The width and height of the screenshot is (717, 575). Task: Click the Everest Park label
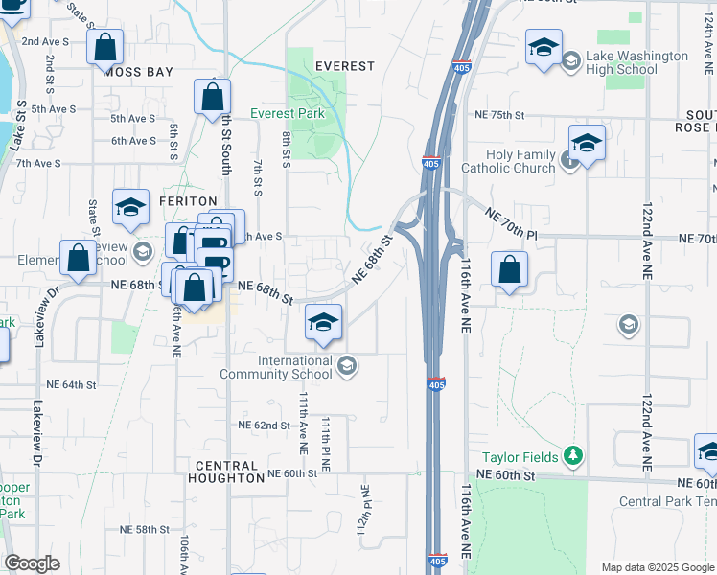288,113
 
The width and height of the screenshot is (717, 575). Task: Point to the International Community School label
294,366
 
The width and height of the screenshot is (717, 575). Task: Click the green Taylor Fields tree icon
573,455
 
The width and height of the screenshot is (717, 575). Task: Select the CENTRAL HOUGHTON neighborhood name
229,471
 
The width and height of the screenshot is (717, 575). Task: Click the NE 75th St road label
500,113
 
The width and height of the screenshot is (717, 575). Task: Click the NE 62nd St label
264,425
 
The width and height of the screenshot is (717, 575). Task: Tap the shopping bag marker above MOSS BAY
104,44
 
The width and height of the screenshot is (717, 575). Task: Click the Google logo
31,563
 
